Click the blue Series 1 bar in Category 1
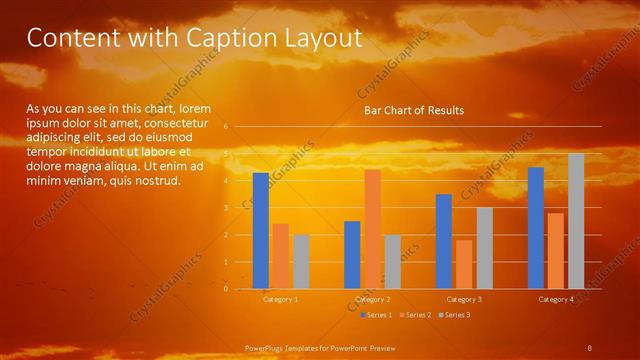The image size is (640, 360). pyautogui.click(x=260, y=230)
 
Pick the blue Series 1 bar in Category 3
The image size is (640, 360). pyautogui.click(x=444, y=241)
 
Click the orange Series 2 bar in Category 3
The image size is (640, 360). pyautogui.click(x=464, y=264)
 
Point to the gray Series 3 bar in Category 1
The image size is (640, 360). pyautogui.click(x=300, y=261)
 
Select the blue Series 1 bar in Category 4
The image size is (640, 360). pyautogui.click(x=536, y=227)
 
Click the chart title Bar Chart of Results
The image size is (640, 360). pyautogui.click(x=413, y=110)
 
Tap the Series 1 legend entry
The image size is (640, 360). pyautogui.click(x=378, y=315)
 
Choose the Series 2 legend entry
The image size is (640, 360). pyautogui.click(x=416, y=315)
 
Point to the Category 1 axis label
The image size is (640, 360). pyautogui.click(x=280, y=299)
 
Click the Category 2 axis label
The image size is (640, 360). pyautogui.click(x=372, y=299)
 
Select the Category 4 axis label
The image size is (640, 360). pyautogui.click(x=556, y=299)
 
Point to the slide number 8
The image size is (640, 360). pyautogui.click(x=589, y=346)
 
